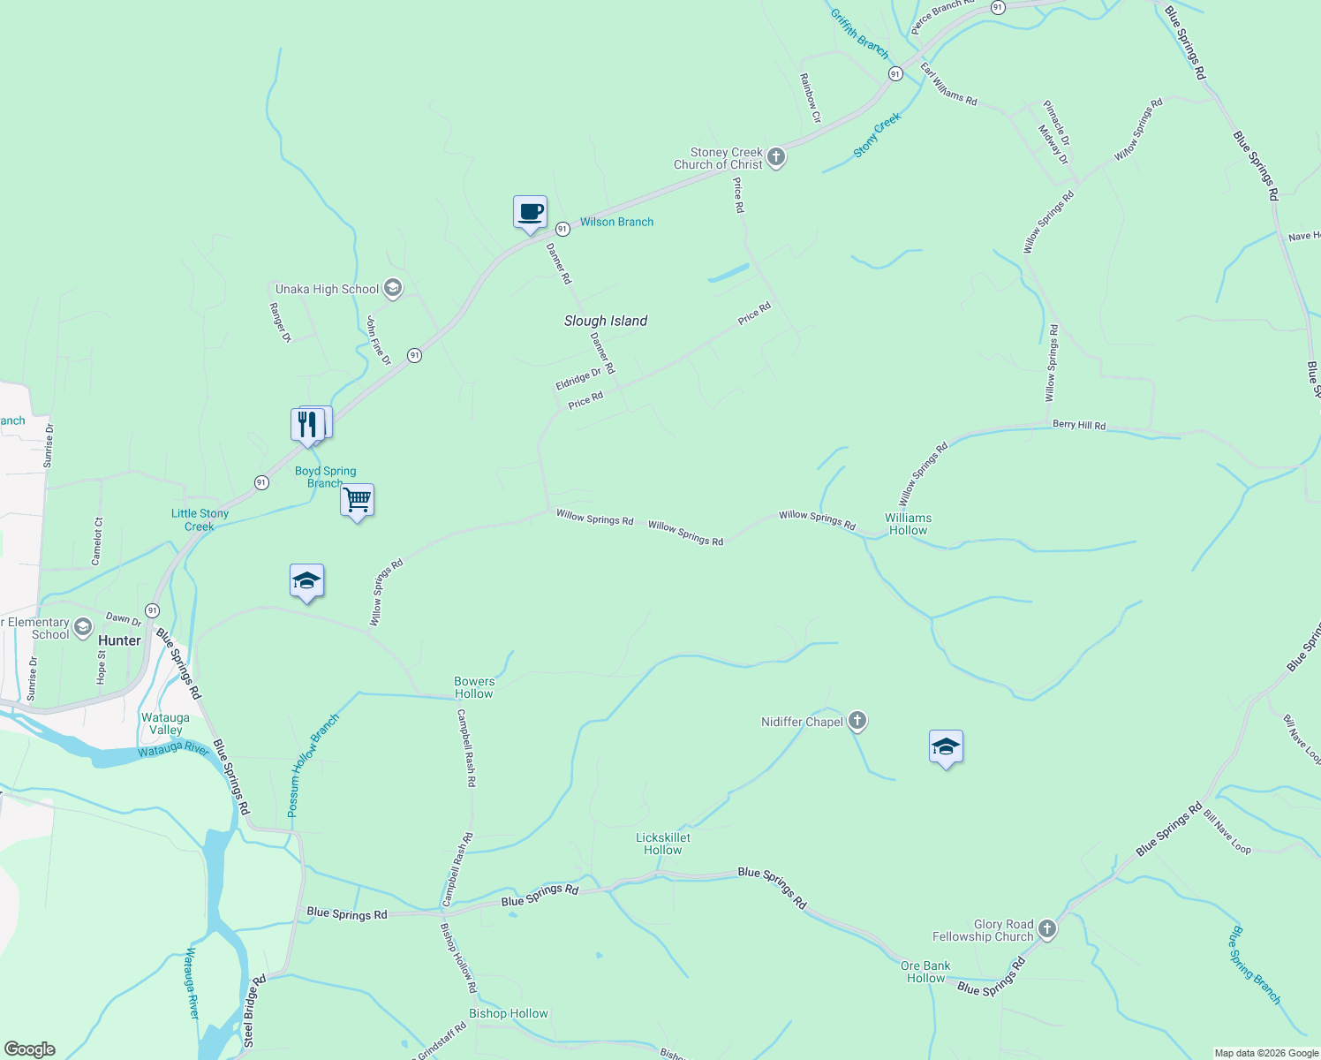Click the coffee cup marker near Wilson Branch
530,213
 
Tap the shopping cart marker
357,501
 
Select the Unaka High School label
328,289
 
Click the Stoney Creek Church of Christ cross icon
776,157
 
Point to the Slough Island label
606,321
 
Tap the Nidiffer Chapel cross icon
857,721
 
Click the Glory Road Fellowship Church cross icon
1047,928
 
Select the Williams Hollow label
908,524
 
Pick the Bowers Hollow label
474,687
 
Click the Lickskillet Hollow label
663,844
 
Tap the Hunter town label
120,640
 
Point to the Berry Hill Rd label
1078,425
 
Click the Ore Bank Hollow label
925,972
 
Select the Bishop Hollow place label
509,1013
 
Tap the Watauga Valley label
165,723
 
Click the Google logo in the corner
29,1049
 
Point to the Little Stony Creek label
200,519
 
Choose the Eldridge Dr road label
578,379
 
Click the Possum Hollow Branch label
313,765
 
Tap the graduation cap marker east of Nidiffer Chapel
946,747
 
